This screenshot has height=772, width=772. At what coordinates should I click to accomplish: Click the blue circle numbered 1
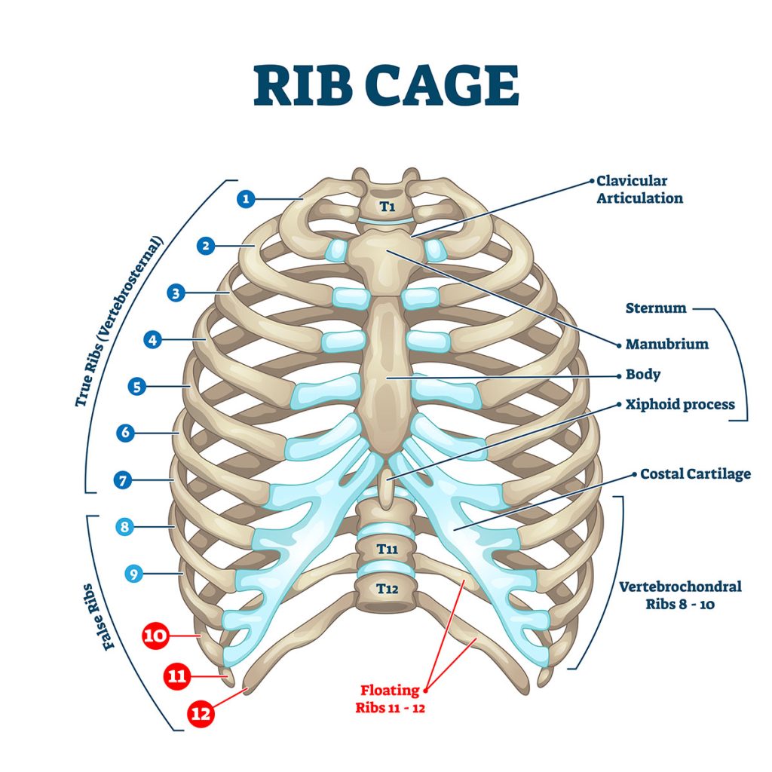(247, 199)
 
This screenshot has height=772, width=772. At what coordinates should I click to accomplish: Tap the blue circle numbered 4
(152, 340)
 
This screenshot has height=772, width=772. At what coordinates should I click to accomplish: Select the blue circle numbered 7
(123, 480)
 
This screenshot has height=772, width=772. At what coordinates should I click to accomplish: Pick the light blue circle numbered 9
(133, 574)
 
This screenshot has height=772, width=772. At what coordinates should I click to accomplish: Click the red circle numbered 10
(155, 635)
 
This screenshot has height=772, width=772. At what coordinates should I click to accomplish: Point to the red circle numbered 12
(201, 713)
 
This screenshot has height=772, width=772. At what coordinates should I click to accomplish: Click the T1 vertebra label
(388, 207)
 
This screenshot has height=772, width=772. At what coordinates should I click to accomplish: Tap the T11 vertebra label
(387, 549)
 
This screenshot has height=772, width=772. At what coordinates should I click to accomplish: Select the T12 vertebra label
(387, 588)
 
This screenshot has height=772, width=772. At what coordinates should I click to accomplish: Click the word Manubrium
(667, 344)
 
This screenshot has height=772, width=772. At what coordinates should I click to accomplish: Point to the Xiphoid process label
(680, 405)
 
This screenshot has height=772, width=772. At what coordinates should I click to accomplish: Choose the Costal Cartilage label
(695, 474)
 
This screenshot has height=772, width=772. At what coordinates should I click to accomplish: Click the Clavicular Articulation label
(639, 189)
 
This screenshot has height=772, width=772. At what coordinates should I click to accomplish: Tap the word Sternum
(656, 308)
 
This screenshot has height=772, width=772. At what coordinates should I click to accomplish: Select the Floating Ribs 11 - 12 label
(390, 699)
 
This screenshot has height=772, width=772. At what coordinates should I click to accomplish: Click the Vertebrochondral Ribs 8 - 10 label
(680, 595)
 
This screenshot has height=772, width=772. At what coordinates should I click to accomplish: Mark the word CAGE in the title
(442, 85)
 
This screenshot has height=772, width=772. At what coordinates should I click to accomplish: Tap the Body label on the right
(642, 375)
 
